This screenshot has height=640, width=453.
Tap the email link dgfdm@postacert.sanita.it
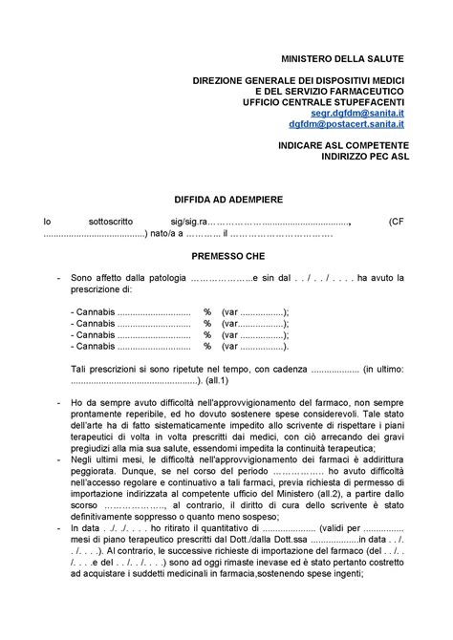click(x=347, y=124)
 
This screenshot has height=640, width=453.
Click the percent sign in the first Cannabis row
click(x=206, y=311)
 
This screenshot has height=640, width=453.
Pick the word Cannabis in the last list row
click(x=95, y=346)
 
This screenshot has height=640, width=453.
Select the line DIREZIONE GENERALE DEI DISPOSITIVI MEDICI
click(x=298, y=79)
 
